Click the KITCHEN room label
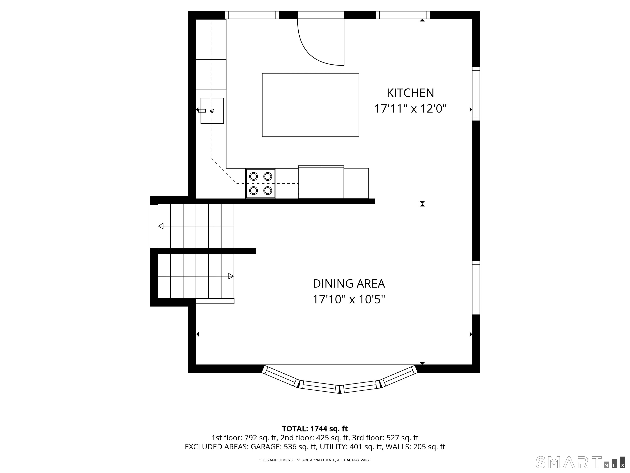pos(410,93)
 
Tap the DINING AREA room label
pos(349,284)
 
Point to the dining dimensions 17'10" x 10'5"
pos(349,300)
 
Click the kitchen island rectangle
pos(310,105)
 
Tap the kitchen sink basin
pos(212,111)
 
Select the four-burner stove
pos(261,183)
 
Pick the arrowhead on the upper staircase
pos(161,226)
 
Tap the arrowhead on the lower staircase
pos(231,276)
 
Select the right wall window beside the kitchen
pos(476,94)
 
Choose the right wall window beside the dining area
pos(476,288)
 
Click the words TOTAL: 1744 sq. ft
pos(315,428)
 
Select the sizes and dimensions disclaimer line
pos(315,460)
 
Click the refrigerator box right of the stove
pos(321,182)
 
